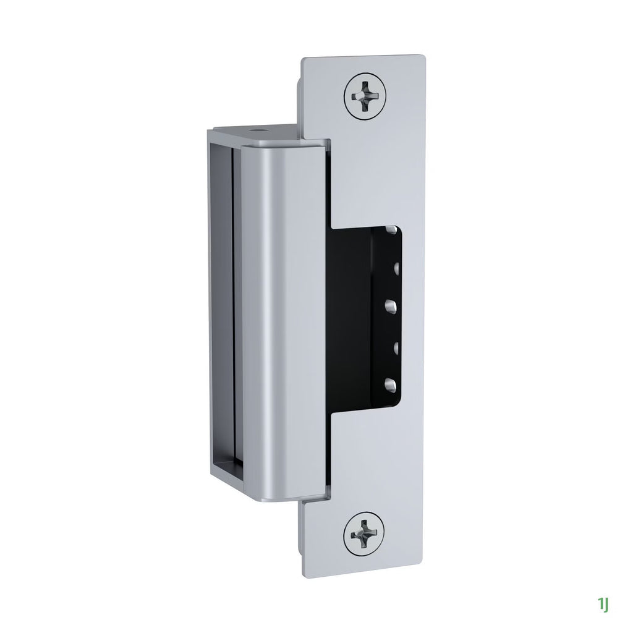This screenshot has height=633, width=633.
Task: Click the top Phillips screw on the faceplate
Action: [x=364, y=95]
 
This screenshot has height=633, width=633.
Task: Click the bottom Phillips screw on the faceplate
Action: [x=364, y=532]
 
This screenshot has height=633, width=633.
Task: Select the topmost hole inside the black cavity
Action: [x=391, y=230]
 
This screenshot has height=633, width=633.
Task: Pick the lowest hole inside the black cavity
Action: [x=390, y=384]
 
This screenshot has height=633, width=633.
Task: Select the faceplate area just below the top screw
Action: [x=365, y=161]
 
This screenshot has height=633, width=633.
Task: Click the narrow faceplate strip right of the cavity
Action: [x=414, y=309]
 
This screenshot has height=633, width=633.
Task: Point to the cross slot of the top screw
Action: [x=364, y=95]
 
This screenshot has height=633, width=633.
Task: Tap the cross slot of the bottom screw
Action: [x=364, y=532]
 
